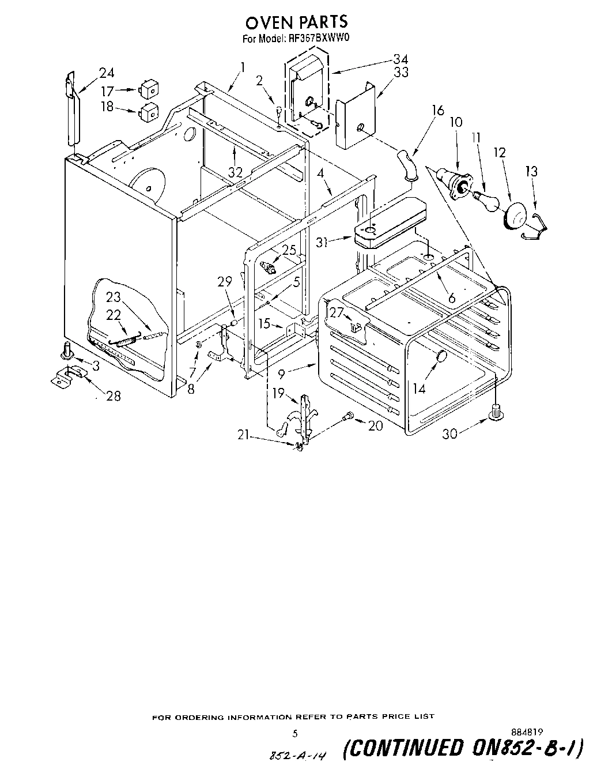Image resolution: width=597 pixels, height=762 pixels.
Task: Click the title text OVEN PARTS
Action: pos(297,22)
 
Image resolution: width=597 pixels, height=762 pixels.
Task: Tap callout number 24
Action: pos(106,73)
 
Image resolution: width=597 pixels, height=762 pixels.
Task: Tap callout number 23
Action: pos(114,297)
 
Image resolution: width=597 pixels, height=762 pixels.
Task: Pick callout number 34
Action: pos(401,59)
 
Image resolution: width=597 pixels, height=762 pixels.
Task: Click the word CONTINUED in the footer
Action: pos(403,748)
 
